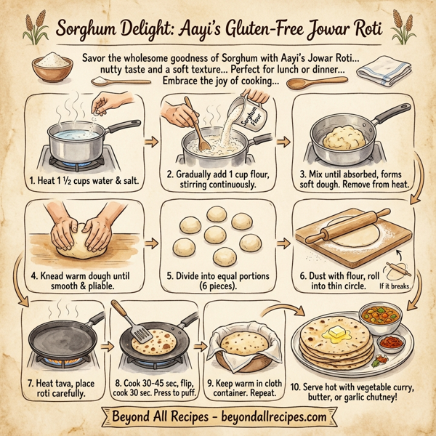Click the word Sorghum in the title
pyautogui.click(x=86, y=30)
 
